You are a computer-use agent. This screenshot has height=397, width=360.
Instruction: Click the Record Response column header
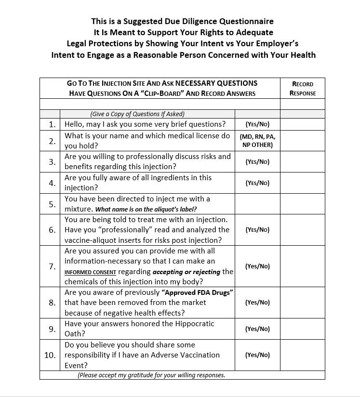point(303,88)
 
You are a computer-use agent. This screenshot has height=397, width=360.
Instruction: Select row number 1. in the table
point(52,124)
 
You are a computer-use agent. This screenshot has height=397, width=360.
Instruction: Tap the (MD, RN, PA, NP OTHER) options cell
point(257,141)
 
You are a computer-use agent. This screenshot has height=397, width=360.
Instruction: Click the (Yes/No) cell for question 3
point(257,162)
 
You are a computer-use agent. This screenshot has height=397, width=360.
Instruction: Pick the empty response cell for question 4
point(303,183)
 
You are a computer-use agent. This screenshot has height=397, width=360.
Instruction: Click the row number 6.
point(52,230)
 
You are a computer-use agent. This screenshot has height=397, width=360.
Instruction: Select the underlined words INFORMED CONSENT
point(90,272)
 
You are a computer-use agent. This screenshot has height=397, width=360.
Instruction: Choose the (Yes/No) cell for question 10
point(257,355)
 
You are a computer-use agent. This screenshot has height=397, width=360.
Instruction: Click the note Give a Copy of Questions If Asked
point(137,114)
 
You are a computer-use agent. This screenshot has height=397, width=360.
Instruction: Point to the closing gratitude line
point(151,375)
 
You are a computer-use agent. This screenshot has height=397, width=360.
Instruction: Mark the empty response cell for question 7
point(303,266)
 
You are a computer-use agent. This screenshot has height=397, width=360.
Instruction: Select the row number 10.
point(50,355)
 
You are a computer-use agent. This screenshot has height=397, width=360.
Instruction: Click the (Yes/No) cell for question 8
point(257,303)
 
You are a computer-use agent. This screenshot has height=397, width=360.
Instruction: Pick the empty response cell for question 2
point(303,141)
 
